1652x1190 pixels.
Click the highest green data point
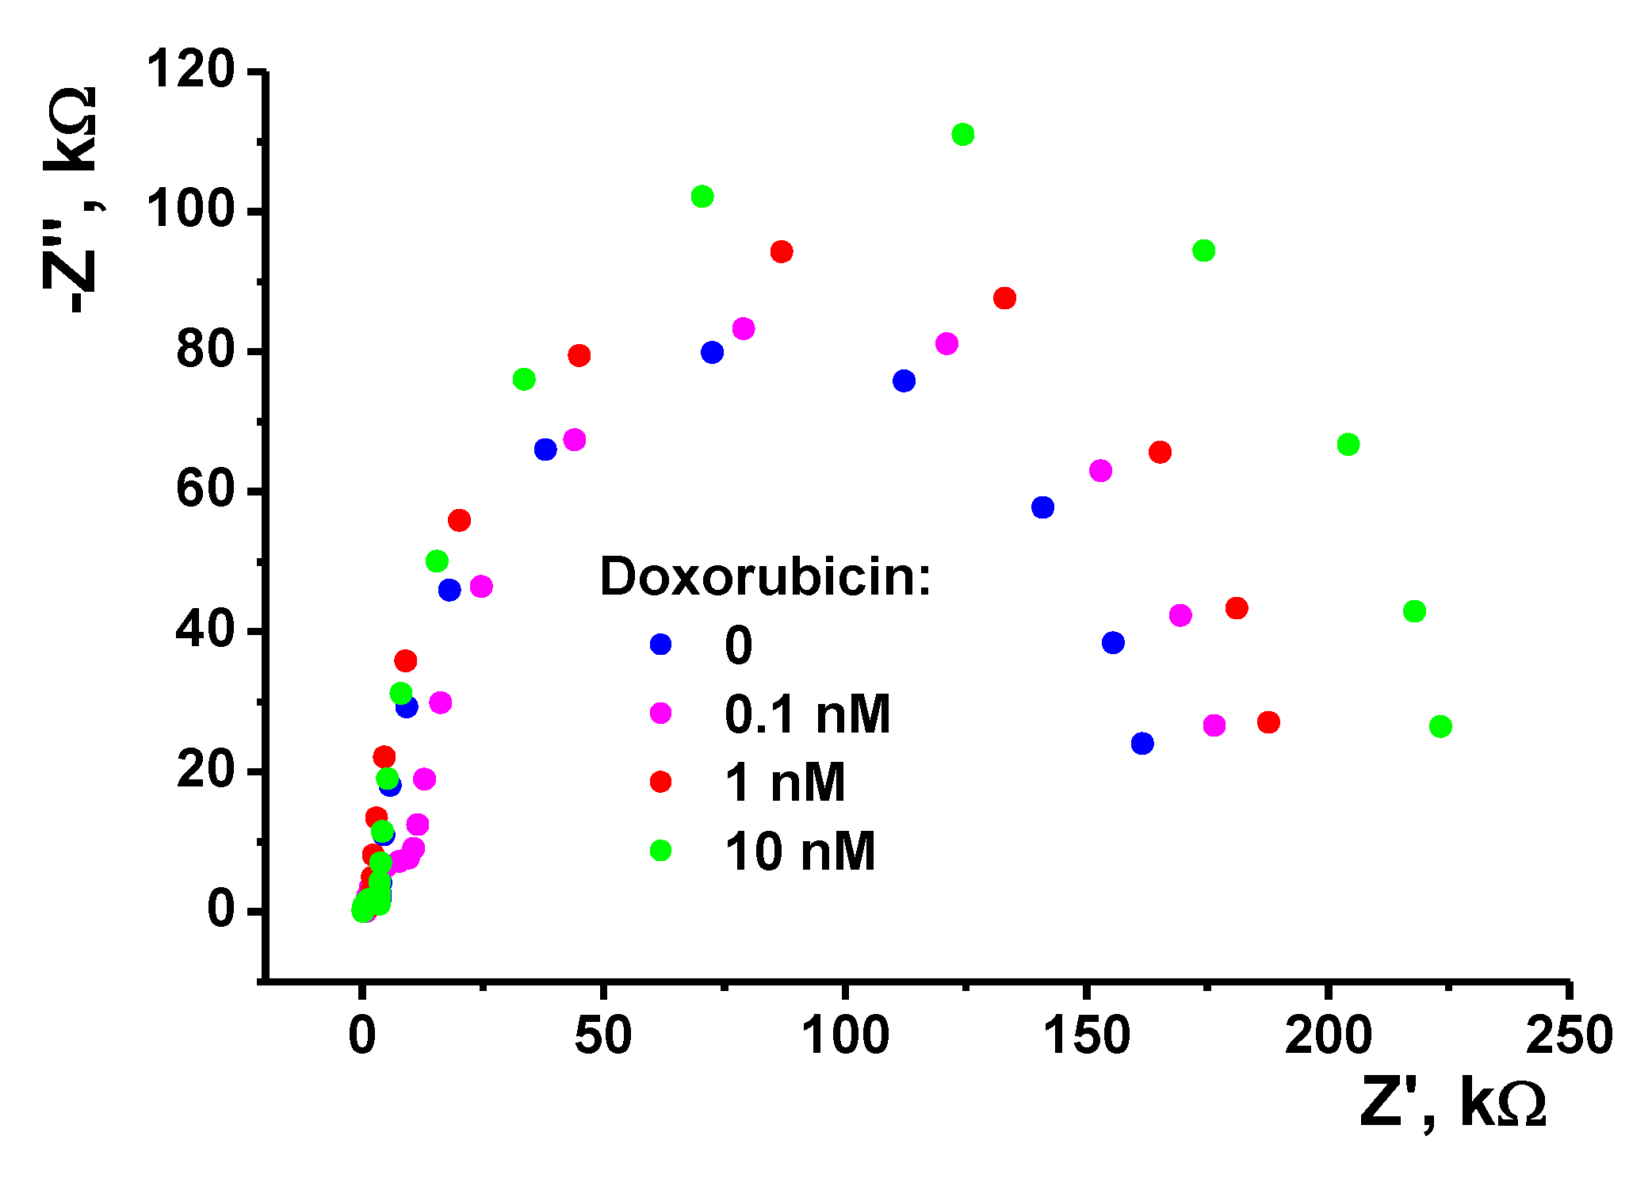tap(962, 135)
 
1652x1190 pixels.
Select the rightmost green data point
tap(1440, 726)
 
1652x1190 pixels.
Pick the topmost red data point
tap(782, 252)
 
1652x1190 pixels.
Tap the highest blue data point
tap(712, 353)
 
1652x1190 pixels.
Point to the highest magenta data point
tap(744, 328)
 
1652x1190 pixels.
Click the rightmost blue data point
tap(1142, 744)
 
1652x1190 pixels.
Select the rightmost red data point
tap(1268, 722)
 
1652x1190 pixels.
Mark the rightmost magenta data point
tap(1214, 725)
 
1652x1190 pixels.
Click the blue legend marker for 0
tap(660, 644)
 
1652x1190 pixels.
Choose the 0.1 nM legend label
tap(807, 714)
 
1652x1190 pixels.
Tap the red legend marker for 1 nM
tap(660, 782)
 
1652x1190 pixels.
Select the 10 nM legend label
tap(800, 852)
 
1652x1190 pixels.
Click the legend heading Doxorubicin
tap(765, 576)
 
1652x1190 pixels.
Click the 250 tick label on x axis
tap(1569, 1035)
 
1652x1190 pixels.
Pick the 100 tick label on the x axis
tap(846, 1035)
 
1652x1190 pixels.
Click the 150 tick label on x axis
tap(1087, 1035)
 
